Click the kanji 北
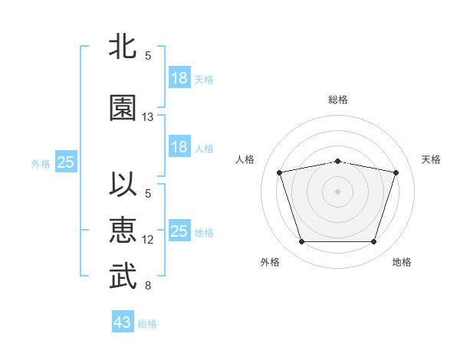point(123,46)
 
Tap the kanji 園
point(123,107)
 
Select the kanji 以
point(123,184)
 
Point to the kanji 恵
point(123,230)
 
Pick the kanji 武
point(123,276)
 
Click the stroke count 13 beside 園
point(147,117)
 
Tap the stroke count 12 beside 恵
point(147,240)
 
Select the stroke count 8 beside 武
point(148,286)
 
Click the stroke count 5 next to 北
point(148,56)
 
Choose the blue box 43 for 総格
point(123,321)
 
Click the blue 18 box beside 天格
point(180,77)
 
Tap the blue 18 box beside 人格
point(180,146)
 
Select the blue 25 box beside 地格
point(180,230)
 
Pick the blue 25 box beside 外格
point(66,162)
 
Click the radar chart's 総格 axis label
point(338,100)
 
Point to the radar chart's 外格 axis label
point(270,262)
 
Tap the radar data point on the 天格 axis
point(396,172)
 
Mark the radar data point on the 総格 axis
point(338,162)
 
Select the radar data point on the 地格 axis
point(374,242)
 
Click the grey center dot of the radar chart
point(337,191)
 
